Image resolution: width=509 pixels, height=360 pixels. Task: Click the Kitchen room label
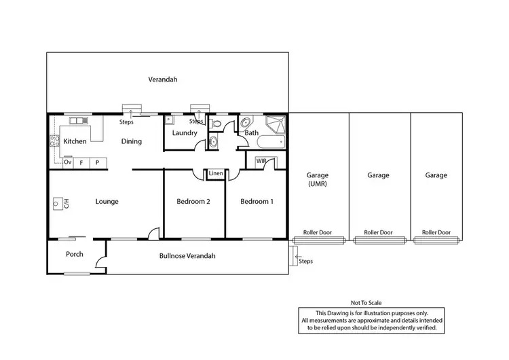[75, 141]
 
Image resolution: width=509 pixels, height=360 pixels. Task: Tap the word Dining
[132, 141]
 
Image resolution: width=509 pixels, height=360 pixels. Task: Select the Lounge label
[107, 201]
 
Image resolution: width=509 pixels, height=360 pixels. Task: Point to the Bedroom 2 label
[193, 201]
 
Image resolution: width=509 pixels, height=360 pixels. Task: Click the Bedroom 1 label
[257, 201]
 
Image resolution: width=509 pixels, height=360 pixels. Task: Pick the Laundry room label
[184, 133]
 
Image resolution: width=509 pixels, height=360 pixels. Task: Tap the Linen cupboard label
[216, 174]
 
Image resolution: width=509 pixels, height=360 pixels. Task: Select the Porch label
[74, 255]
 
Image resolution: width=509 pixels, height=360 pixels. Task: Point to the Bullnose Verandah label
[187, 255]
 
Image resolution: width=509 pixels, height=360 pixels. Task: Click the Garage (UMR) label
[318, 179]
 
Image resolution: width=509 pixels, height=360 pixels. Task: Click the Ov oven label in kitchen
[67, 162]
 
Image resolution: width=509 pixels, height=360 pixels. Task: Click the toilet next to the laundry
[215, 124]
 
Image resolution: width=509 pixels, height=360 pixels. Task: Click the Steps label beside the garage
[305, 260]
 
